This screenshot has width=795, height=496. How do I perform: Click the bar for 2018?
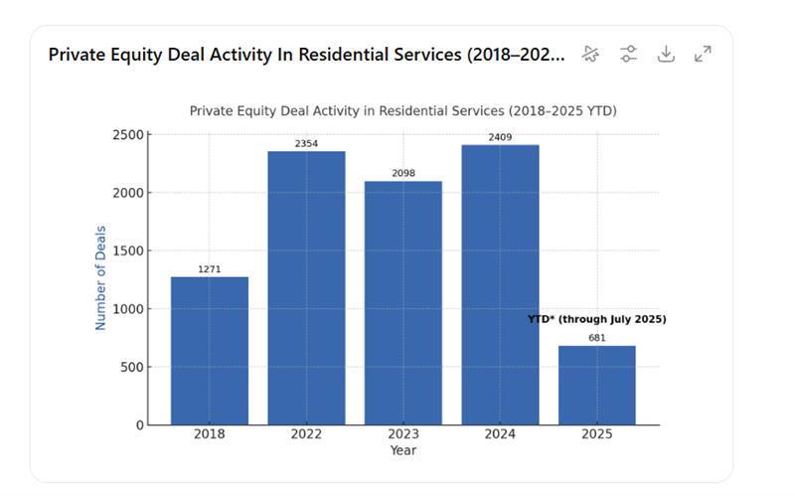tap(210, 350)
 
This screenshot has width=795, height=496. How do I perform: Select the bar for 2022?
tap(306, 288)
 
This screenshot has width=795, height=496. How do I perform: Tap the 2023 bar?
tap(402, 303)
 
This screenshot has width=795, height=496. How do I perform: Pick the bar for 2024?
tap(500, 285)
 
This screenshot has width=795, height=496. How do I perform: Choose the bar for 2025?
tap(596, 385)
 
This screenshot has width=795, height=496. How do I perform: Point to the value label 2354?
tap(306, 144)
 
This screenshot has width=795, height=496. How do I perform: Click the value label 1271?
tap(210, 269)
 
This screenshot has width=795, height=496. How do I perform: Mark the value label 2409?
tap(500, 137)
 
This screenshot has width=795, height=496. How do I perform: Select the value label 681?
tap(596, 338)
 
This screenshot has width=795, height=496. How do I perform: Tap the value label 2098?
tap(402, 174)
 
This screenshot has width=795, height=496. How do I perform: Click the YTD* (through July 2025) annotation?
tap(596, 319)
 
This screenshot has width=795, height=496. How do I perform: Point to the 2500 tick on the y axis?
tap(129, 134)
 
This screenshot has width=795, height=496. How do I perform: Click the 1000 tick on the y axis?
tap(129, 309)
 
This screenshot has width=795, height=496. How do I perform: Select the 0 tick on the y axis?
tap(139, 425)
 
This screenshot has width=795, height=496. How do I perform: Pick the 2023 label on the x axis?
tap(402, 434)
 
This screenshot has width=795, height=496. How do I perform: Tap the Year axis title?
tap(402, 450)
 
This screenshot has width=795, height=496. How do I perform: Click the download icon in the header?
tap(666, 54)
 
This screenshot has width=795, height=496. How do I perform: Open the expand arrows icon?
tap(703, 54)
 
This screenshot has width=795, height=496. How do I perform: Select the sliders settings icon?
tap(628, 54)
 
